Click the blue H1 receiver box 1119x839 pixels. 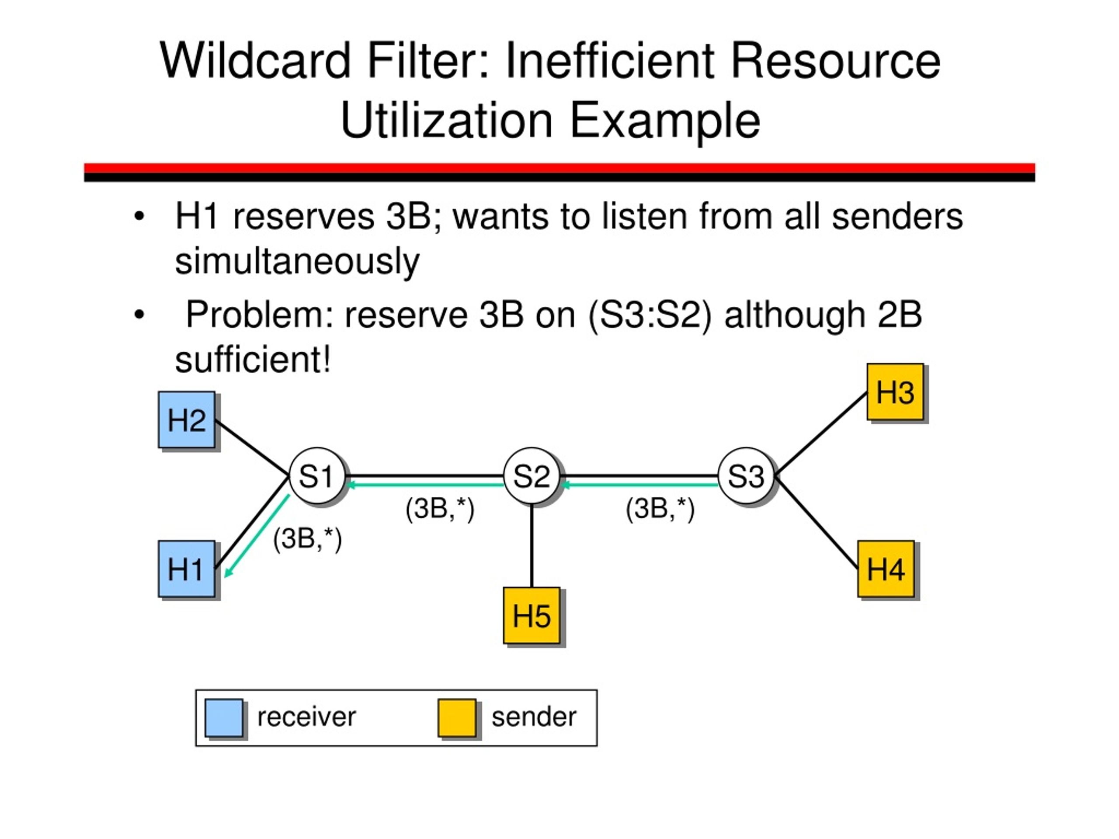[187, 569]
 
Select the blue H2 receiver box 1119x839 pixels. [187, 420]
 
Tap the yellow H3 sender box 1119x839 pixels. [895, 392]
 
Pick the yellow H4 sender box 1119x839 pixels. [886, 569]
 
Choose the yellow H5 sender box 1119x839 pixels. [532, 615]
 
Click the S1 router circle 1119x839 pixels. [317, 475]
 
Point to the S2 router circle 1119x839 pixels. [532, 475]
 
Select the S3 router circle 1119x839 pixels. [746, 475]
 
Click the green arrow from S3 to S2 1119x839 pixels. [639, 485]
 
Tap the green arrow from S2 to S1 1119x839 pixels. [425, 485]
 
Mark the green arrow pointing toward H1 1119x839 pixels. [257, 536]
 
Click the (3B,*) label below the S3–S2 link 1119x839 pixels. [660, 509]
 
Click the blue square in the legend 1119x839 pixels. [224, 718]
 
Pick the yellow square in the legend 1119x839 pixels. [457, 718]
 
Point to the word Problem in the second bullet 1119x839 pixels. [259, 315]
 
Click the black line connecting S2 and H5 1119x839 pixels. [532, 545]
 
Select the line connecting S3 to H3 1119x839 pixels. [820, 434]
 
